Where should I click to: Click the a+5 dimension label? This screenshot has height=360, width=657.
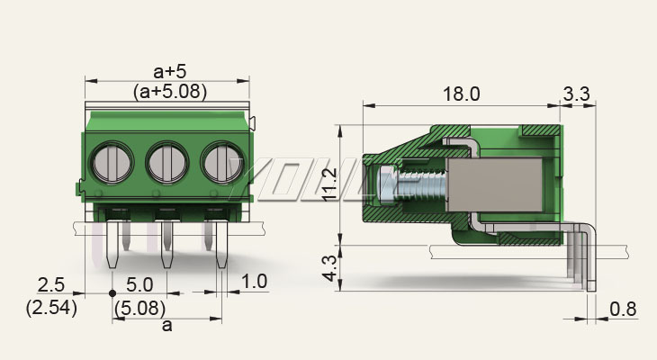[x=167, y=70]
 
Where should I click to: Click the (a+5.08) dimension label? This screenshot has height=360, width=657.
[x=167, y=91]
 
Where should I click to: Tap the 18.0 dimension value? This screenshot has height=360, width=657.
[x=462, y=94]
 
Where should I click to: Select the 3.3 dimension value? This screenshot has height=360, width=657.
[x=576, y=94]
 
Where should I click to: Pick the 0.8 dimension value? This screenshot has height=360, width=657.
[x=623, y=310]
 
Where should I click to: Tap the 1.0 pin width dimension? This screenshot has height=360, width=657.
[x=255, y=282]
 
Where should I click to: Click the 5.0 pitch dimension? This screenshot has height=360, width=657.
[x=139, y=284]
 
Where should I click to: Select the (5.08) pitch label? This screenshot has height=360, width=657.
[x=139, y=307]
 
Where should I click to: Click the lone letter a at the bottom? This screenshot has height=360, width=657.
[x=166, y=326]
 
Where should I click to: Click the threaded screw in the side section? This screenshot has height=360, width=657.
[x=419, y=184]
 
